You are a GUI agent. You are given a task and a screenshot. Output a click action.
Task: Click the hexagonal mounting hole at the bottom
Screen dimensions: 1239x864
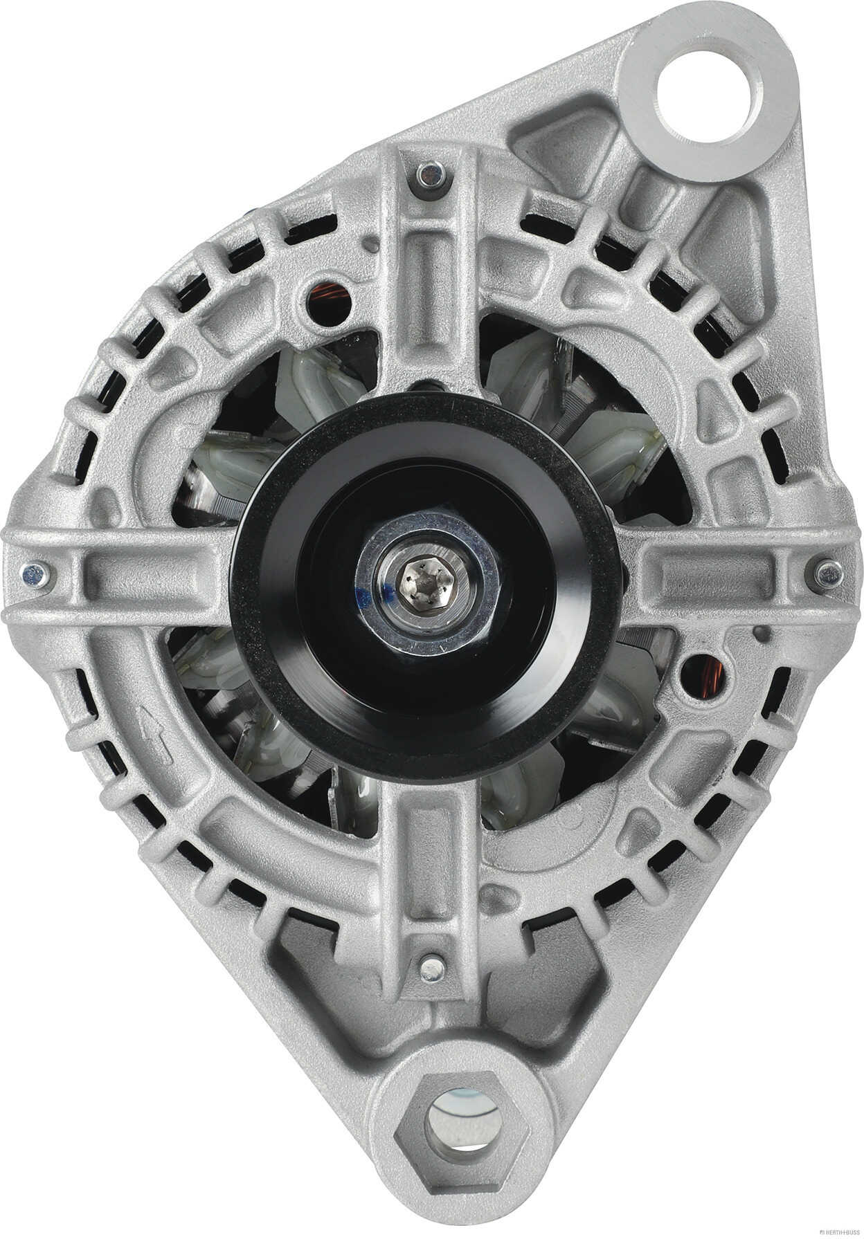pos(463,1125)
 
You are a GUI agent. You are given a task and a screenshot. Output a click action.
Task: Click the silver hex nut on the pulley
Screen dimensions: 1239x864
pos(429,582)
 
